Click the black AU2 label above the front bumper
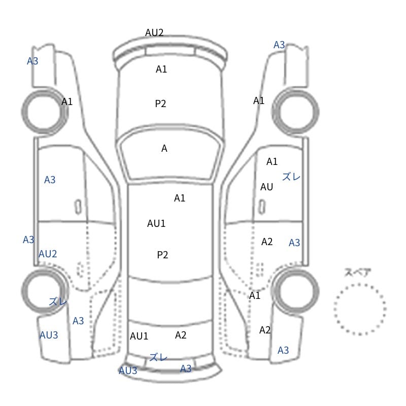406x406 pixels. [x=154, y=32]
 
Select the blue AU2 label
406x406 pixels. [x=48, y=254]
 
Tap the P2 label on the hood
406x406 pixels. [x=160, y=104]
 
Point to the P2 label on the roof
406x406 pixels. [x=162, y=255]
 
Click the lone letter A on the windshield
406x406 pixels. [x=164, y=148]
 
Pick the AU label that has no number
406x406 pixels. [x=267, y=187]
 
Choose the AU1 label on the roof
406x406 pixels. [x=156, y=223]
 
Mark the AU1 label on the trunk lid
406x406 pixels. [x=139, y=336]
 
